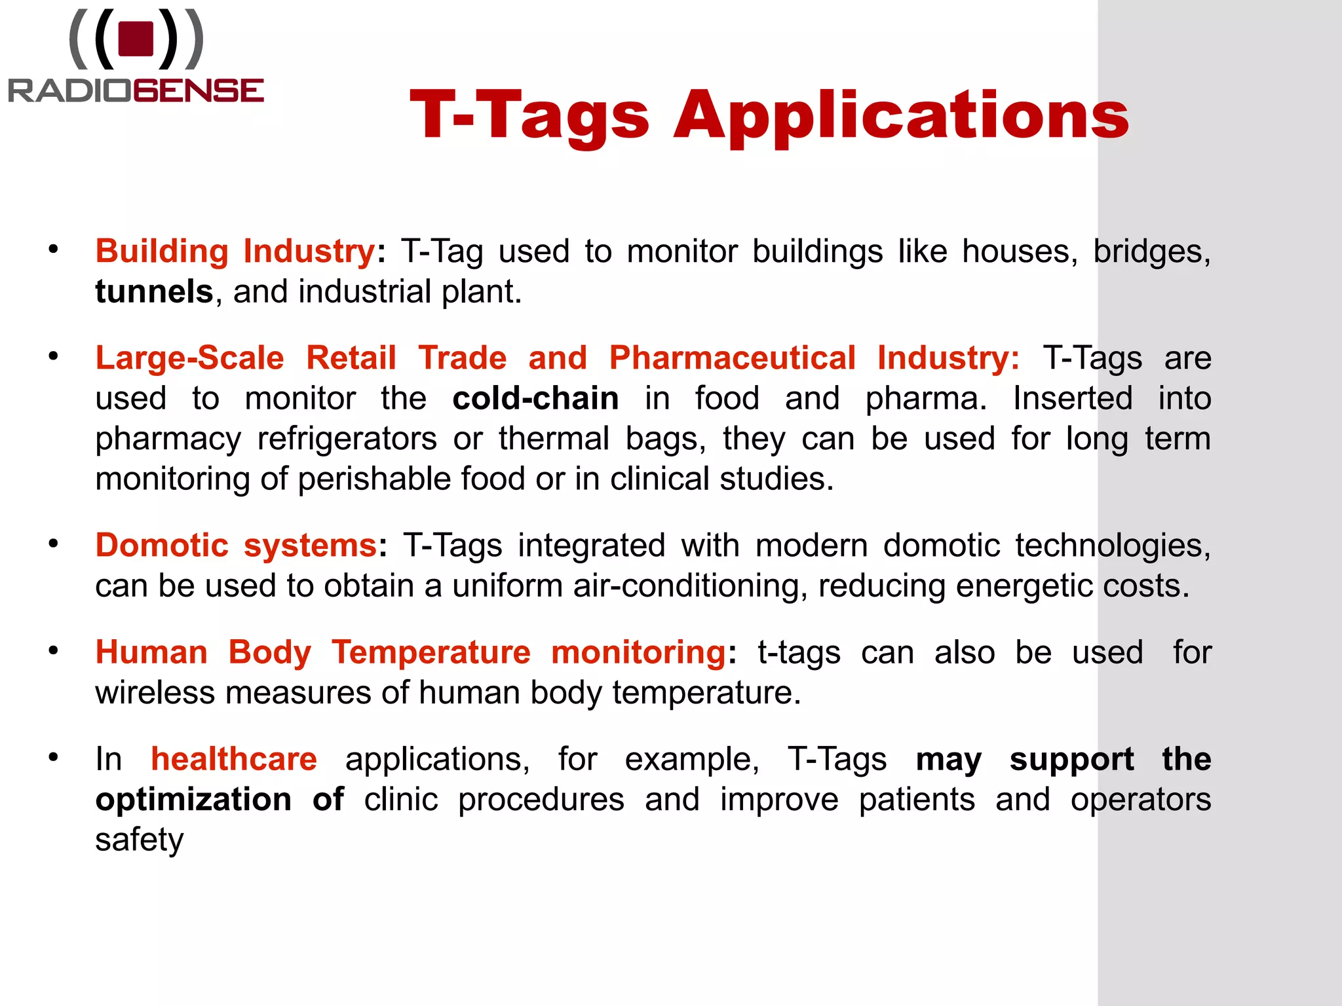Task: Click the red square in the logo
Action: [x=136, y=39]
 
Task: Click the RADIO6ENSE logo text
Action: [x=136, y=90]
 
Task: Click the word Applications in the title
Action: [x=901, y=117]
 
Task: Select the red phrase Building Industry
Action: [x=235, y=251]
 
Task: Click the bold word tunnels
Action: [x=154, y=292]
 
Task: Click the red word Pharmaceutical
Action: [x=732, y=358]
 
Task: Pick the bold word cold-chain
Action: [x=535, y=399]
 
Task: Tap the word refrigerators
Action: [x=347, y=439]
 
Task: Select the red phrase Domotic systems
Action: [x=236, y=546]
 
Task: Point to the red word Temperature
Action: [x=431, y=653]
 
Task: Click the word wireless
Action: [x=155, y=693]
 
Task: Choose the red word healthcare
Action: [x=234, y=760]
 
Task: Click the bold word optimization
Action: [x=193, y=800]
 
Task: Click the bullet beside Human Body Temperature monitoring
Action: [x=53, y=650]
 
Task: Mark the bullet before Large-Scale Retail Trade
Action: [x=53, y=356]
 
